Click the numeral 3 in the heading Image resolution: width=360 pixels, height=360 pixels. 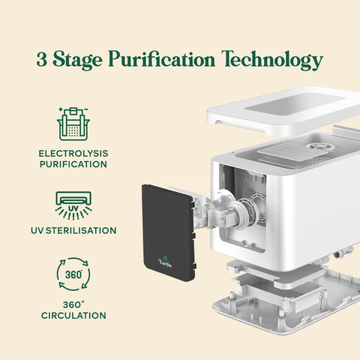(x=42, y=59)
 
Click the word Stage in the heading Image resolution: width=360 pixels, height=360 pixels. (x=77, y=61)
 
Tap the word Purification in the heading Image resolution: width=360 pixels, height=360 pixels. (x=162, y=58)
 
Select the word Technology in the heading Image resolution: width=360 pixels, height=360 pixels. (x=272, y=61)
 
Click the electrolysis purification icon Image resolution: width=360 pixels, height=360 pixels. (x=73, y=124)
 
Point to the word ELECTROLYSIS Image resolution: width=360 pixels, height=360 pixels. (x=73, y=153)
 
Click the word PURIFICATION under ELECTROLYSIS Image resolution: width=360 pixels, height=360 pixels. (x=73, y=164)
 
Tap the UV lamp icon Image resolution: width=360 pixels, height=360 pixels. (x=73, y=205)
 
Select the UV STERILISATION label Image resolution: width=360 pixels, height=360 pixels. (x=73, y=230)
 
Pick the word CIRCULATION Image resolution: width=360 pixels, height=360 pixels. (x=73, y=316)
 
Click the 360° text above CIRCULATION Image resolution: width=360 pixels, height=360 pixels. (x=73, y=304)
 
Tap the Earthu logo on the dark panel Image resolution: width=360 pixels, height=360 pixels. (x=165, y=262)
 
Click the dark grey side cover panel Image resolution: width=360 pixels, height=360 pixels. (x=168, y=232)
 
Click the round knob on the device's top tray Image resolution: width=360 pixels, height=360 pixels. (x=316, y=146)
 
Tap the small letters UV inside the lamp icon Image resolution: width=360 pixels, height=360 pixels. (x=73, y=208)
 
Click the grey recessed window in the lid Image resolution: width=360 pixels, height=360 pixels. (x=295, y=104)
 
